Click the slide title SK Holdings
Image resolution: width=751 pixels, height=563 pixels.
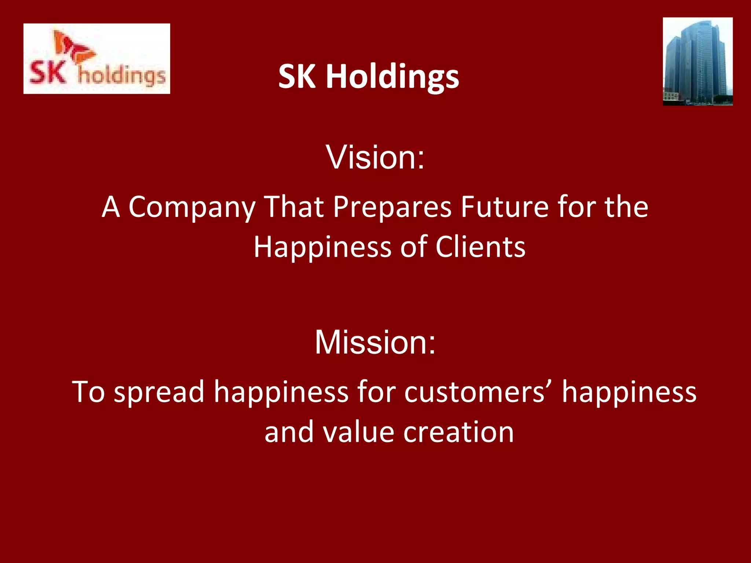tap(369, 76)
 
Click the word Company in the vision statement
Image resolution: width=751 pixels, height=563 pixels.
tap(192, 207)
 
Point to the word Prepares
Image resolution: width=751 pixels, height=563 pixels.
tap(392, 207)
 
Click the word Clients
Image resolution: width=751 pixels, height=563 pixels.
tap(480, 247)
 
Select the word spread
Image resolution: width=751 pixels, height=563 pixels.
tap(159, 392)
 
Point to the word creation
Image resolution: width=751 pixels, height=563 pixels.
tap(458, 432)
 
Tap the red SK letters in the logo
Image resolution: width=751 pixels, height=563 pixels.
tap(48, 72)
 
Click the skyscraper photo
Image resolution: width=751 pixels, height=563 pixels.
tap(697, 62)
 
